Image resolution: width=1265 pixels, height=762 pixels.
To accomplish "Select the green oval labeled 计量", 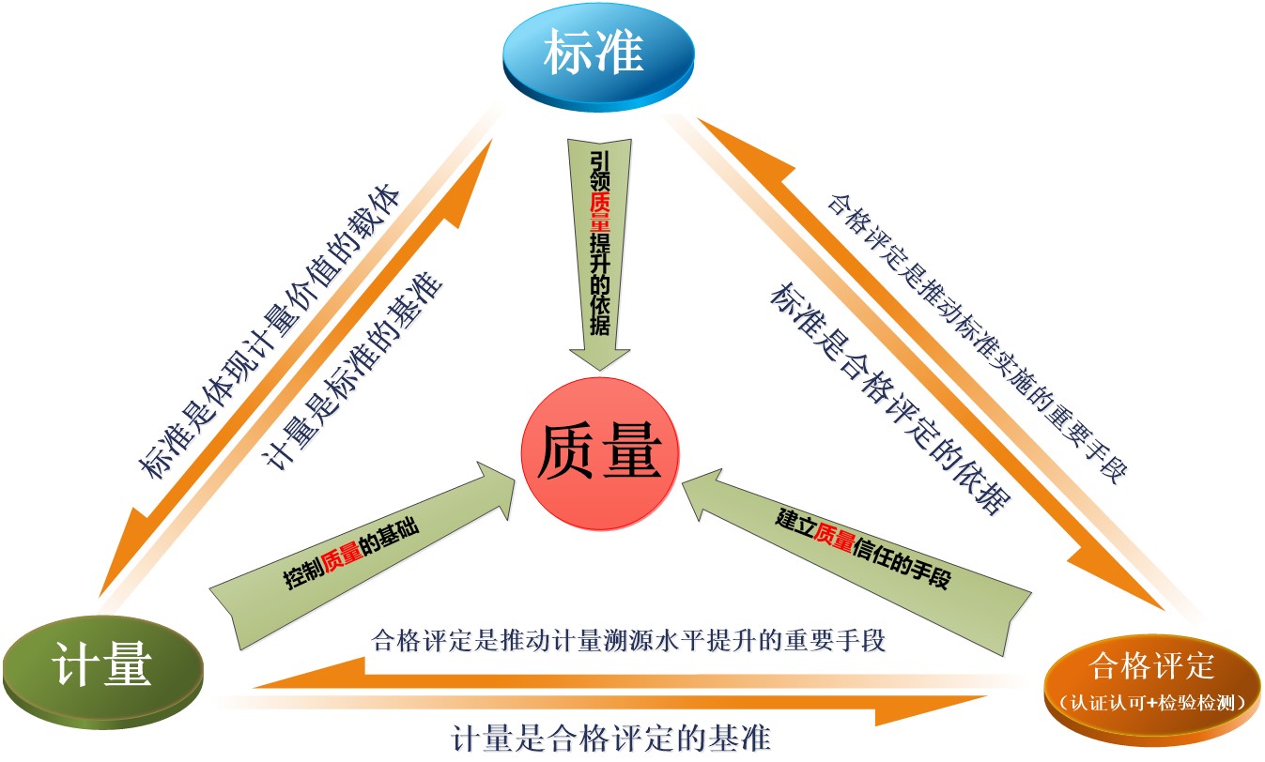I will click(x=101, y=669).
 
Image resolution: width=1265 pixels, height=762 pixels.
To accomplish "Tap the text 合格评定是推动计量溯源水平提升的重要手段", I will click(x=629, y=641).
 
